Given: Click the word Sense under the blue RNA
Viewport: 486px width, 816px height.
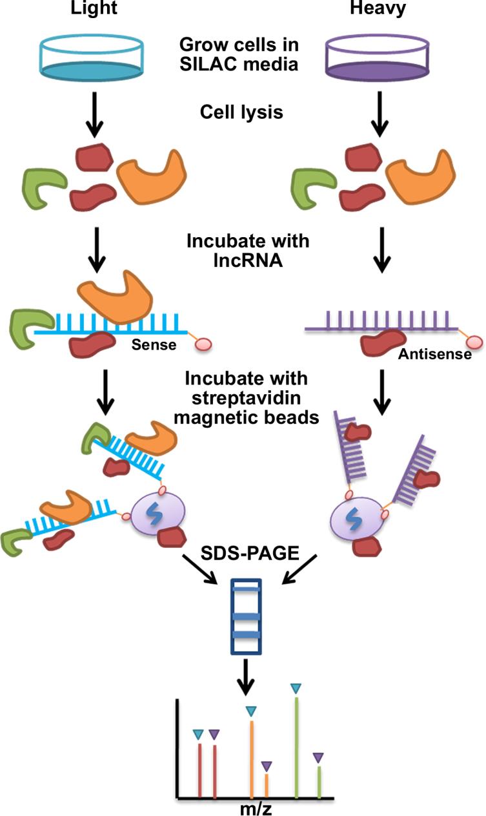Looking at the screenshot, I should click(x=154, y=344).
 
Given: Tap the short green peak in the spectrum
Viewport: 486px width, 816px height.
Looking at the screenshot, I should click(x=319, y=782).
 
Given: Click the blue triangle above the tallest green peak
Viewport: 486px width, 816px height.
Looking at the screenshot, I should click(x=296, y=689).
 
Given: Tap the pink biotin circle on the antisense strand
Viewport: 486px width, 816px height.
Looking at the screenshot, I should click(x=475, y=341).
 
